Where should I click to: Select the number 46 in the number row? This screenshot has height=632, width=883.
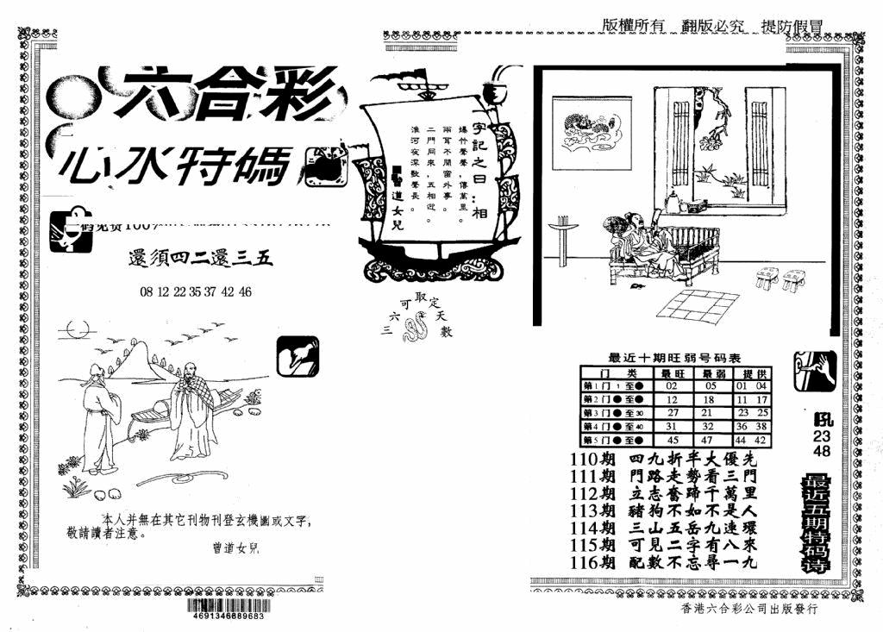click(245, 291)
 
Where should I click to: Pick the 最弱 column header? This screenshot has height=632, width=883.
click(711, 372)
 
